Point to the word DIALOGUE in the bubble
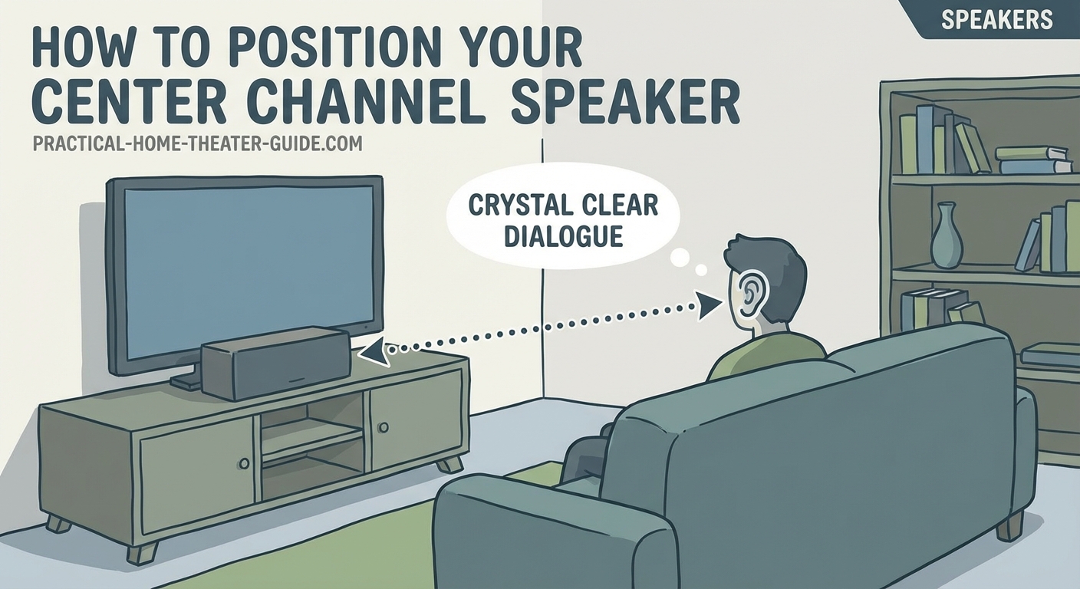pos(562,235)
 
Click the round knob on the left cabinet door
pos(244,463)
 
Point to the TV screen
pos(245,268)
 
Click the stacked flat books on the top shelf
pos(1033,160)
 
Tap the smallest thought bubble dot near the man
pos(700,269)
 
